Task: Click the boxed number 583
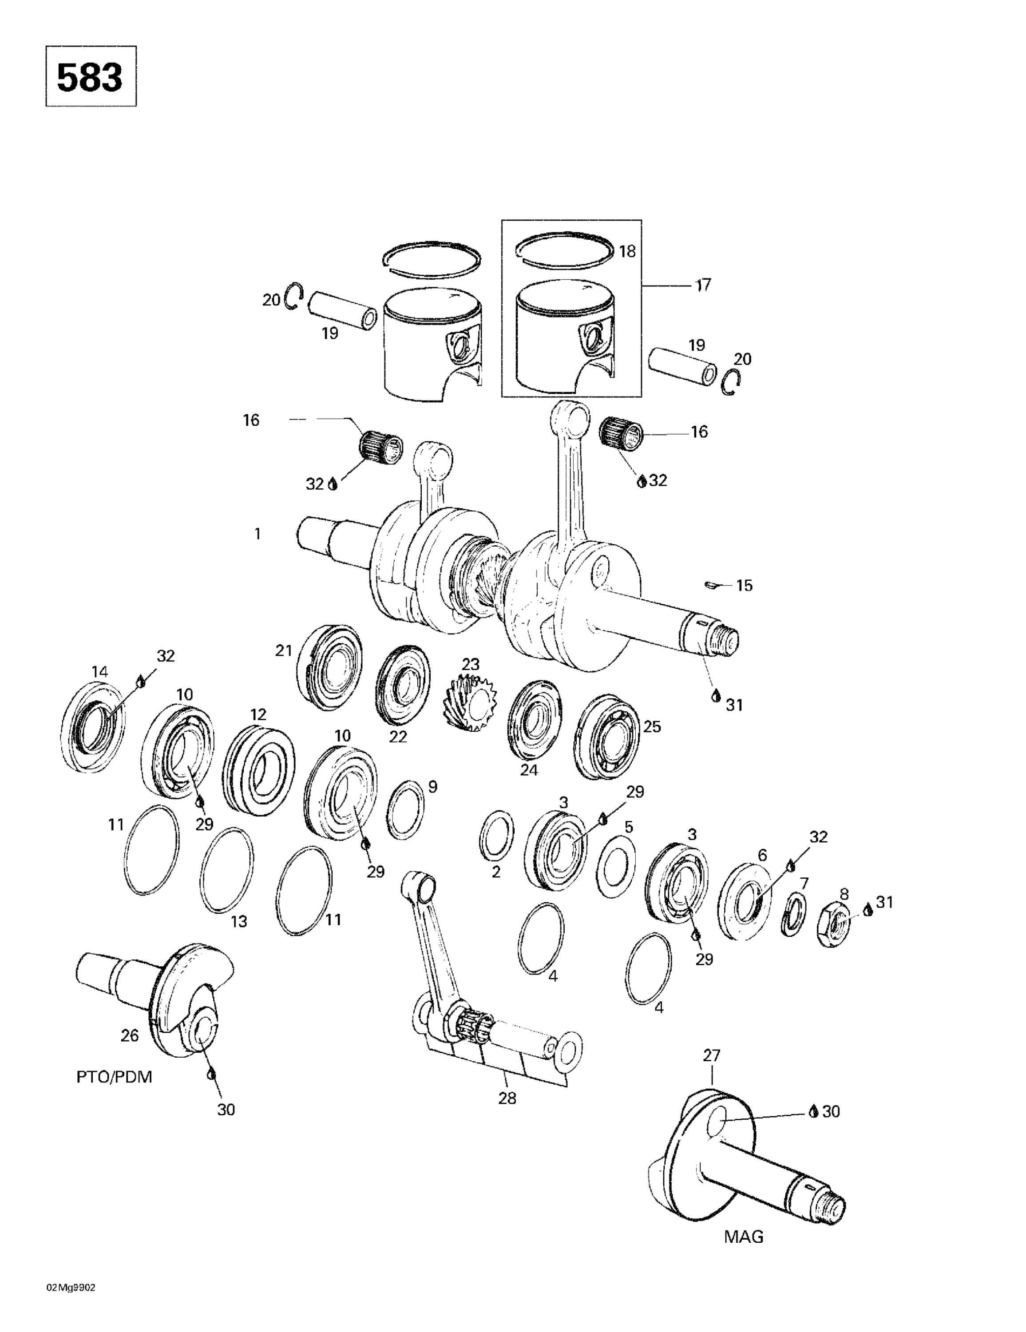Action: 90,77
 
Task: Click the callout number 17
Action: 703,285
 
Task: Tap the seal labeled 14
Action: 93,726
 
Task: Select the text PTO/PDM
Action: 114,1076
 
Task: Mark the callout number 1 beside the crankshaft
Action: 257,534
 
